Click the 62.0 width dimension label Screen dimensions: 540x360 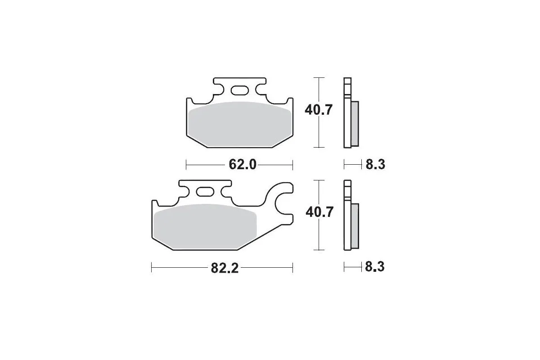click(242, 165)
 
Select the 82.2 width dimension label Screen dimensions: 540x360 click(225, 268)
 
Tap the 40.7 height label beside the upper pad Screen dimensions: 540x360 click(319, 110)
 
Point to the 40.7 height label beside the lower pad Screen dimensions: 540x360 click(319, 212)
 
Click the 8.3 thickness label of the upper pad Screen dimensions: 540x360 click(375, 164)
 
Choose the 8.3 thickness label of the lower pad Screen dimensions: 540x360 click(374, 267)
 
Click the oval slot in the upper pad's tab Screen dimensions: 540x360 click(239, 90)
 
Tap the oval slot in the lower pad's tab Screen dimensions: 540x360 click(205, 192)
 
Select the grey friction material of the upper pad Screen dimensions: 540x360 click(240, 124)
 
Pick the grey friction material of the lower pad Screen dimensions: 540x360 click(205, 227)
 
